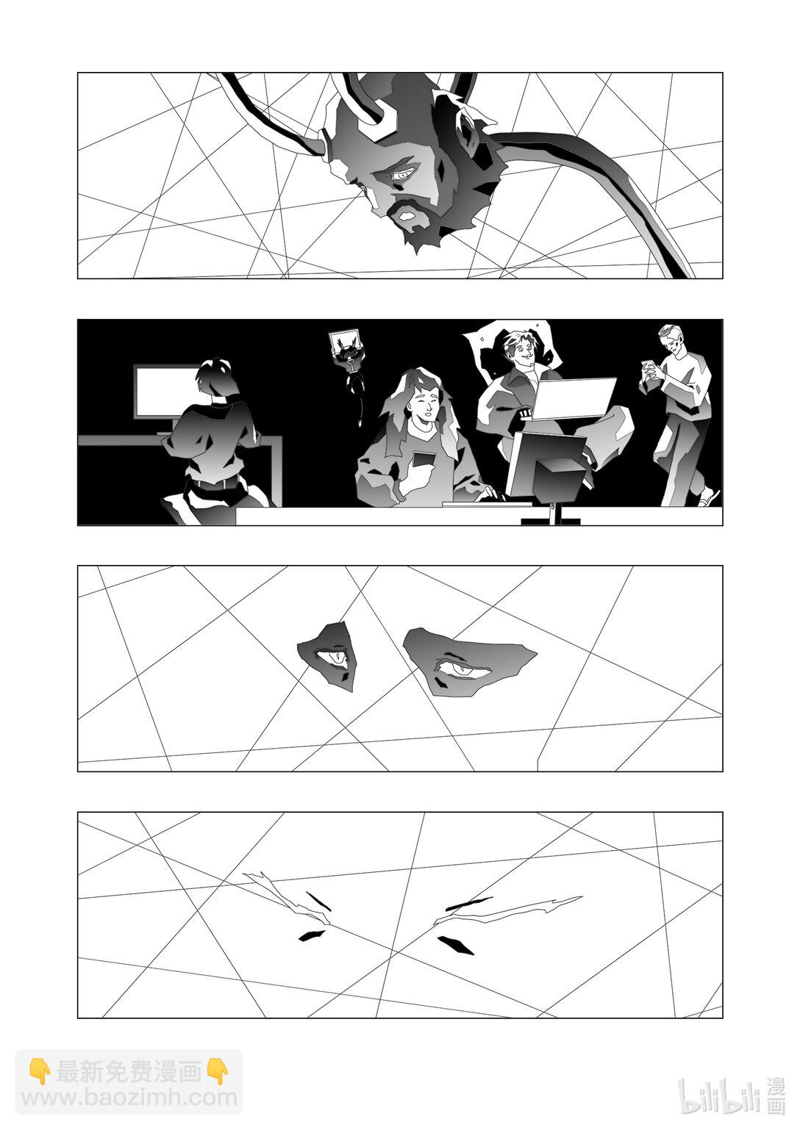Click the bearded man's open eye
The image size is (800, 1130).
point(403,175)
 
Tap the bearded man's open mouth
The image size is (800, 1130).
point(407,216)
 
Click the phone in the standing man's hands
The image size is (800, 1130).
point(647,367)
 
